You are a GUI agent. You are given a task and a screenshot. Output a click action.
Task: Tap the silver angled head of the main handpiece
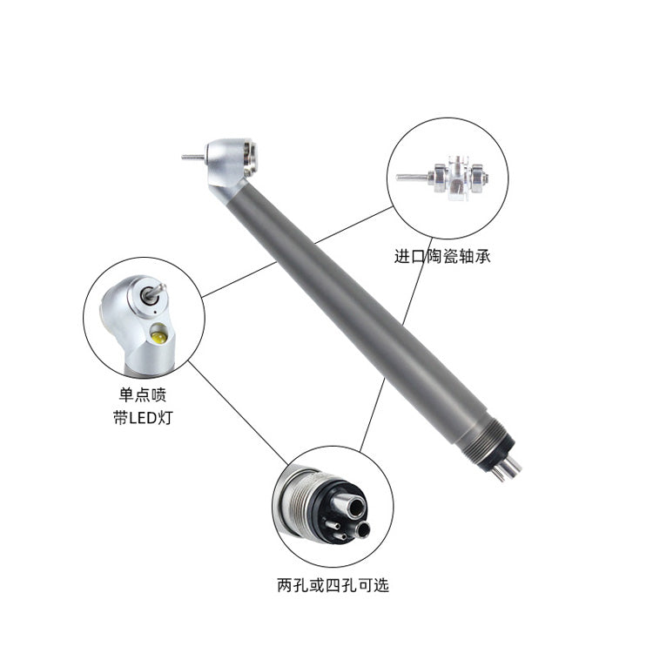pyautogui.click(x=227, y=166)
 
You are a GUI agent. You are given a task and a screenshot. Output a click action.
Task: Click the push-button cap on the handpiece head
pyautogui.click(x=252, y=159)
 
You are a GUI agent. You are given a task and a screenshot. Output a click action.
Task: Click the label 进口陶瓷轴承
pyautogui.click(x=442, y=256)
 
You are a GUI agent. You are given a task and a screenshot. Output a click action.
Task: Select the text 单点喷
pyautogui.click(x=143, y=394)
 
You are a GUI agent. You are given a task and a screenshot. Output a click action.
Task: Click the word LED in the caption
pyautogui.click(x=143, y=418)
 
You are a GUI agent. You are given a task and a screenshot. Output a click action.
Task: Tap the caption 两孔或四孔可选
pyautogui.click(x=333, y=585)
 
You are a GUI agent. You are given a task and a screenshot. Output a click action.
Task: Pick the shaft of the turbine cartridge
pyautogui.click(x=413, y=178)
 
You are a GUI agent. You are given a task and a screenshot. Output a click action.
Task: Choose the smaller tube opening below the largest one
pyautogui.click(x=363, y=530)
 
